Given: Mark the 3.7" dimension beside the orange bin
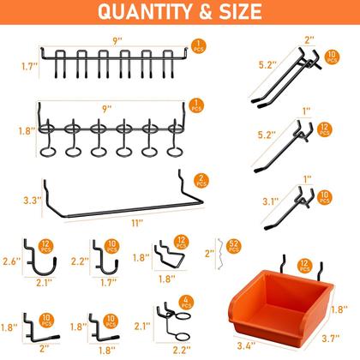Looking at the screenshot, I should click(330, 341).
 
